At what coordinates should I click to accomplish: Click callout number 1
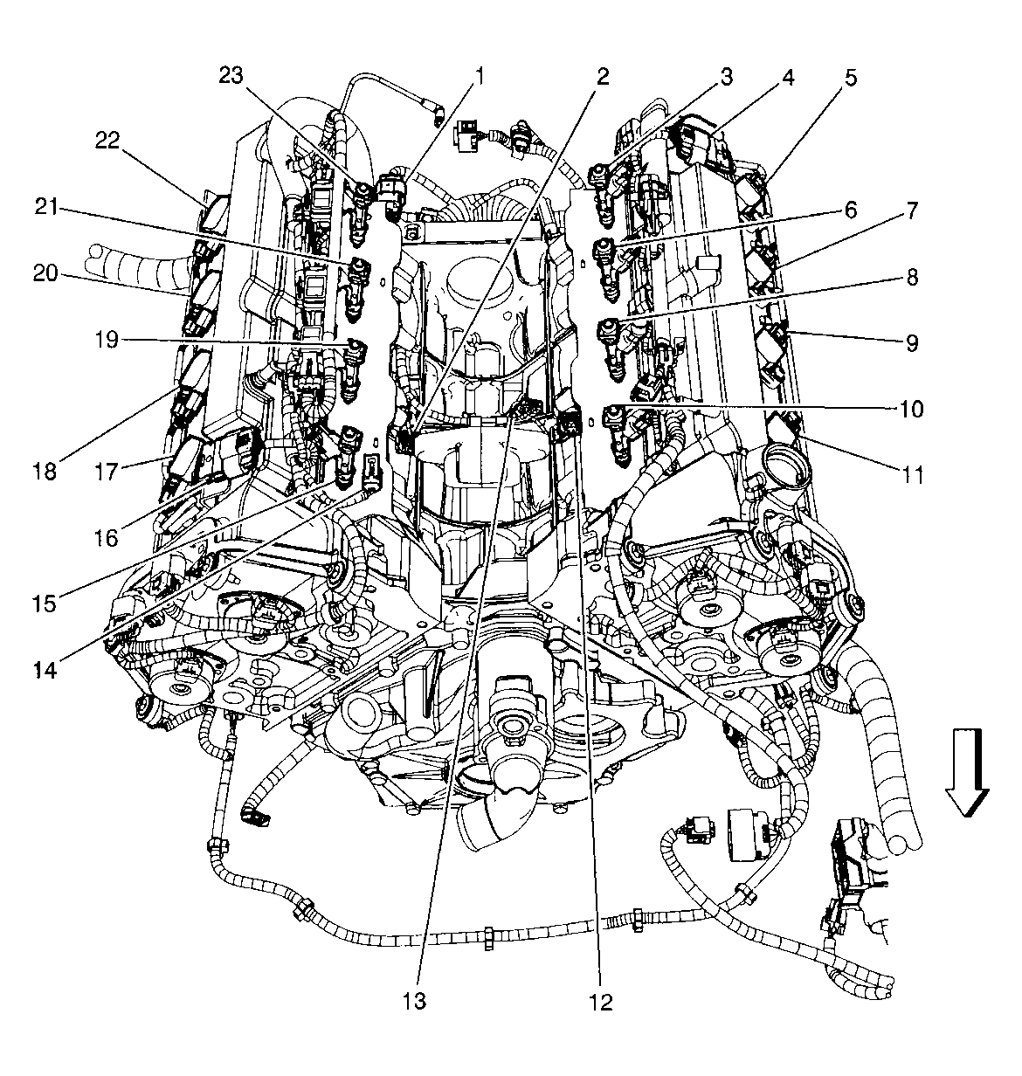[480, 77]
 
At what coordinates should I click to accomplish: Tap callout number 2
[601, 76]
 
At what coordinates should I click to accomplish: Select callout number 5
[850, 77]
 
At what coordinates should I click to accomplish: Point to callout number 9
[911, 342]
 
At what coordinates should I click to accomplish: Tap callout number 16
[107, 537]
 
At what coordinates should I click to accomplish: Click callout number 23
[231, 76]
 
